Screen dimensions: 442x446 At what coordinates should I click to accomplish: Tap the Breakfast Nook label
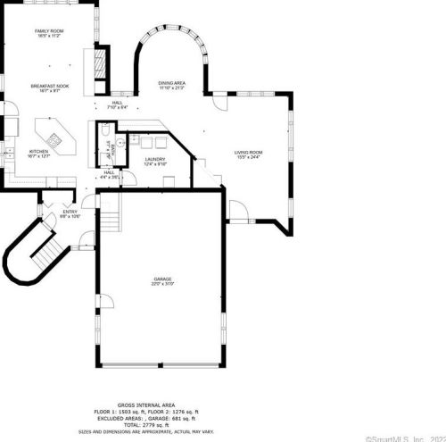coord(50,88)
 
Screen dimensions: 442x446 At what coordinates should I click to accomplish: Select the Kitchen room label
coord(40,154)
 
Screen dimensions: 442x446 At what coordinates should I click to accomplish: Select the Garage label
coord(162,281)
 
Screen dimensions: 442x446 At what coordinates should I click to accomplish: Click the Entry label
coord(70,213)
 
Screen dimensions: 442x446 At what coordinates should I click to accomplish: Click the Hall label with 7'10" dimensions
coord(118,104)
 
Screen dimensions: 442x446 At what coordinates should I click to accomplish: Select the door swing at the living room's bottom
coord(238,212)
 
